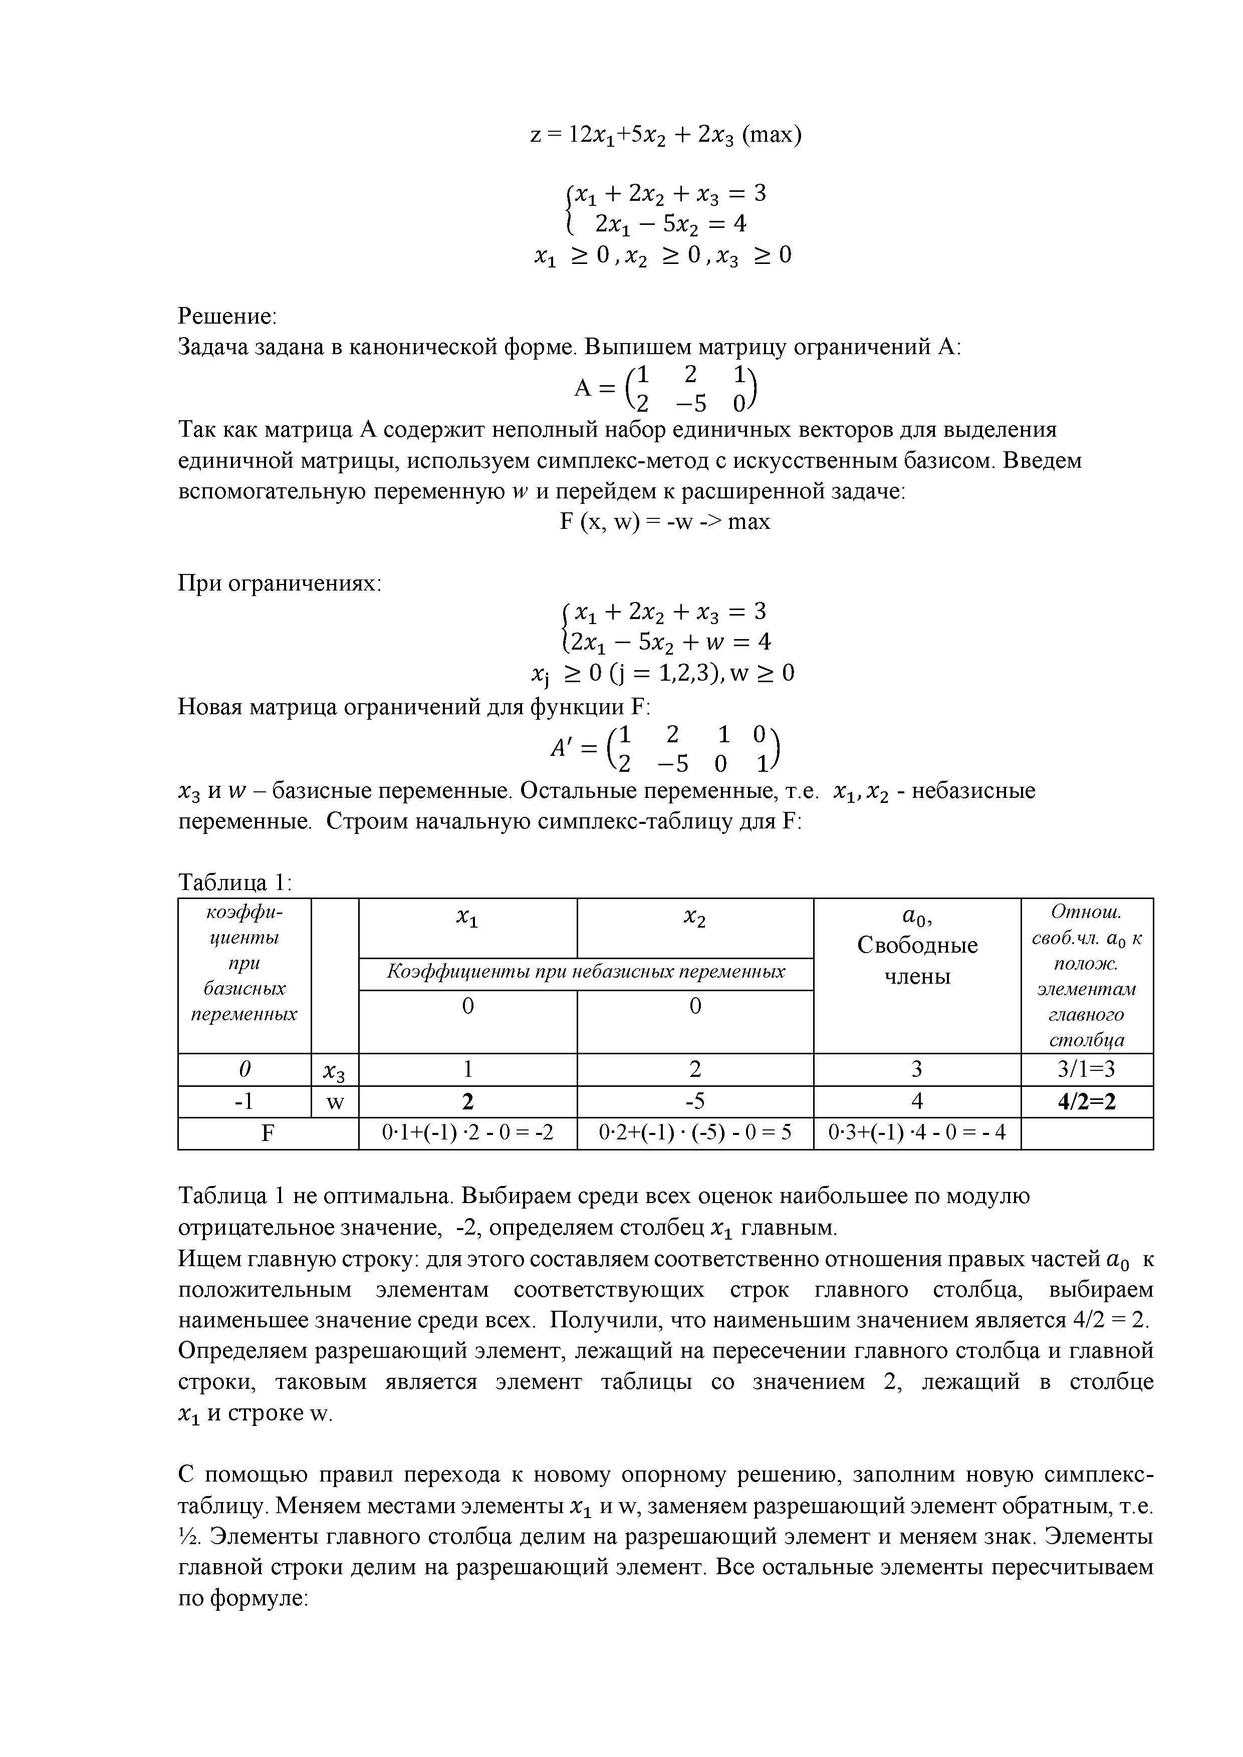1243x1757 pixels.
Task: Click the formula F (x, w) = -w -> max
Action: point(664,522)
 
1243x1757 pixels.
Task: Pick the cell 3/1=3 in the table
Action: point(1086,1069)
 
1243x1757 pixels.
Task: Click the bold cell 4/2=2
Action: point(1086,1101)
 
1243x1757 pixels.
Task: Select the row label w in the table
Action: point(335,1102)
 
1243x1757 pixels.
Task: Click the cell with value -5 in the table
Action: point(694,1101)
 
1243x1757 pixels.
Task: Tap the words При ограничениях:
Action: point(280,583)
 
